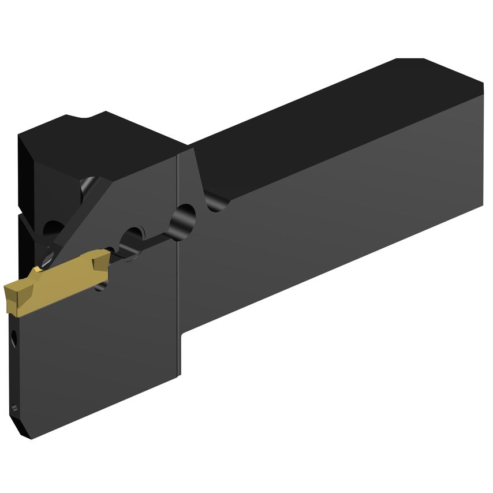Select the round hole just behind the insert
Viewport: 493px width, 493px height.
tap(134, 237)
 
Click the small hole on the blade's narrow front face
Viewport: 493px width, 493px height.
tap(13, 340)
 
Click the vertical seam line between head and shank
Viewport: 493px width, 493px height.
tap(179, 289)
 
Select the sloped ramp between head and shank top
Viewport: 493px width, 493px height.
tap(196, 173)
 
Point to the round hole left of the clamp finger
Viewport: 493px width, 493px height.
tap(51, 228)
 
